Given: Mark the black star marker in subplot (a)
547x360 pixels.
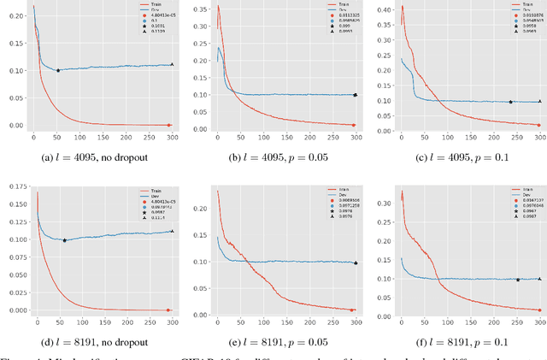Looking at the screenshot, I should [58, 70].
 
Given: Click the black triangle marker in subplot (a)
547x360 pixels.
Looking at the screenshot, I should [172, 64].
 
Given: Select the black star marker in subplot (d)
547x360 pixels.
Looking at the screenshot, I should [64, 240].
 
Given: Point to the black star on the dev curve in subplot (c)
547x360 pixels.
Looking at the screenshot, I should [510, 102].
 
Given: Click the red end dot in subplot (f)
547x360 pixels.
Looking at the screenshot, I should [540, 310].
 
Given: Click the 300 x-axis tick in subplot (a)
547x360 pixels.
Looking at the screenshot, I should [171, 137].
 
